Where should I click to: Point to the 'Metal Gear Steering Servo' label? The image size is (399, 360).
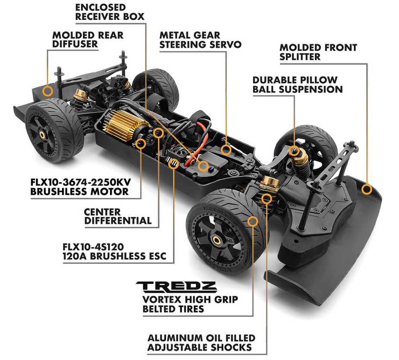point(200,39)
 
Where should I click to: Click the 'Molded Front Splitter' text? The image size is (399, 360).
point(318,52)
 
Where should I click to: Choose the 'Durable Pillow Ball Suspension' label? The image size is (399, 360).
point(297,85)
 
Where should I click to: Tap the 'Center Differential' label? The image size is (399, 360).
point(118,216)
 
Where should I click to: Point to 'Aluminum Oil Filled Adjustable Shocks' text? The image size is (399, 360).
point(201,343)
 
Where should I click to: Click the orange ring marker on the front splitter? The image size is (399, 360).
point(367,189)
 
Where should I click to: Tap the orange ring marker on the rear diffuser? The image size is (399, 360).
point(47,91)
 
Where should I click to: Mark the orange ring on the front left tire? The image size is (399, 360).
point(253,221)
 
